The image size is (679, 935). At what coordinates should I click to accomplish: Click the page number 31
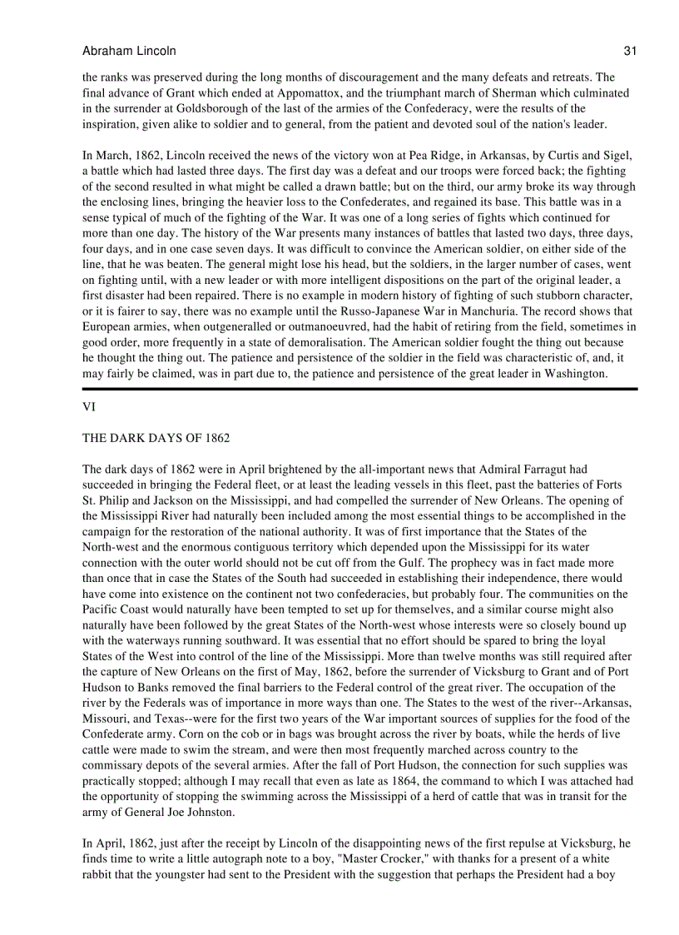pyautogui.click(x=630, y=51)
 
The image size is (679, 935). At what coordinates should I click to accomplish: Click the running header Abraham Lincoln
pyautogui.click(x=129, y=51)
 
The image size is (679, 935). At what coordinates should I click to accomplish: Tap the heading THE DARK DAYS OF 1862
pyautogui.click(x=156, y=438)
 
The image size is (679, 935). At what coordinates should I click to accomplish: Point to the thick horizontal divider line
pyautogui.click(x=359, y=389)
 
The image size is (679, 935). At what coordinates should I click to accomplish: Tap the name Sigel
pyautogui.click(x=618, y=155)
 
